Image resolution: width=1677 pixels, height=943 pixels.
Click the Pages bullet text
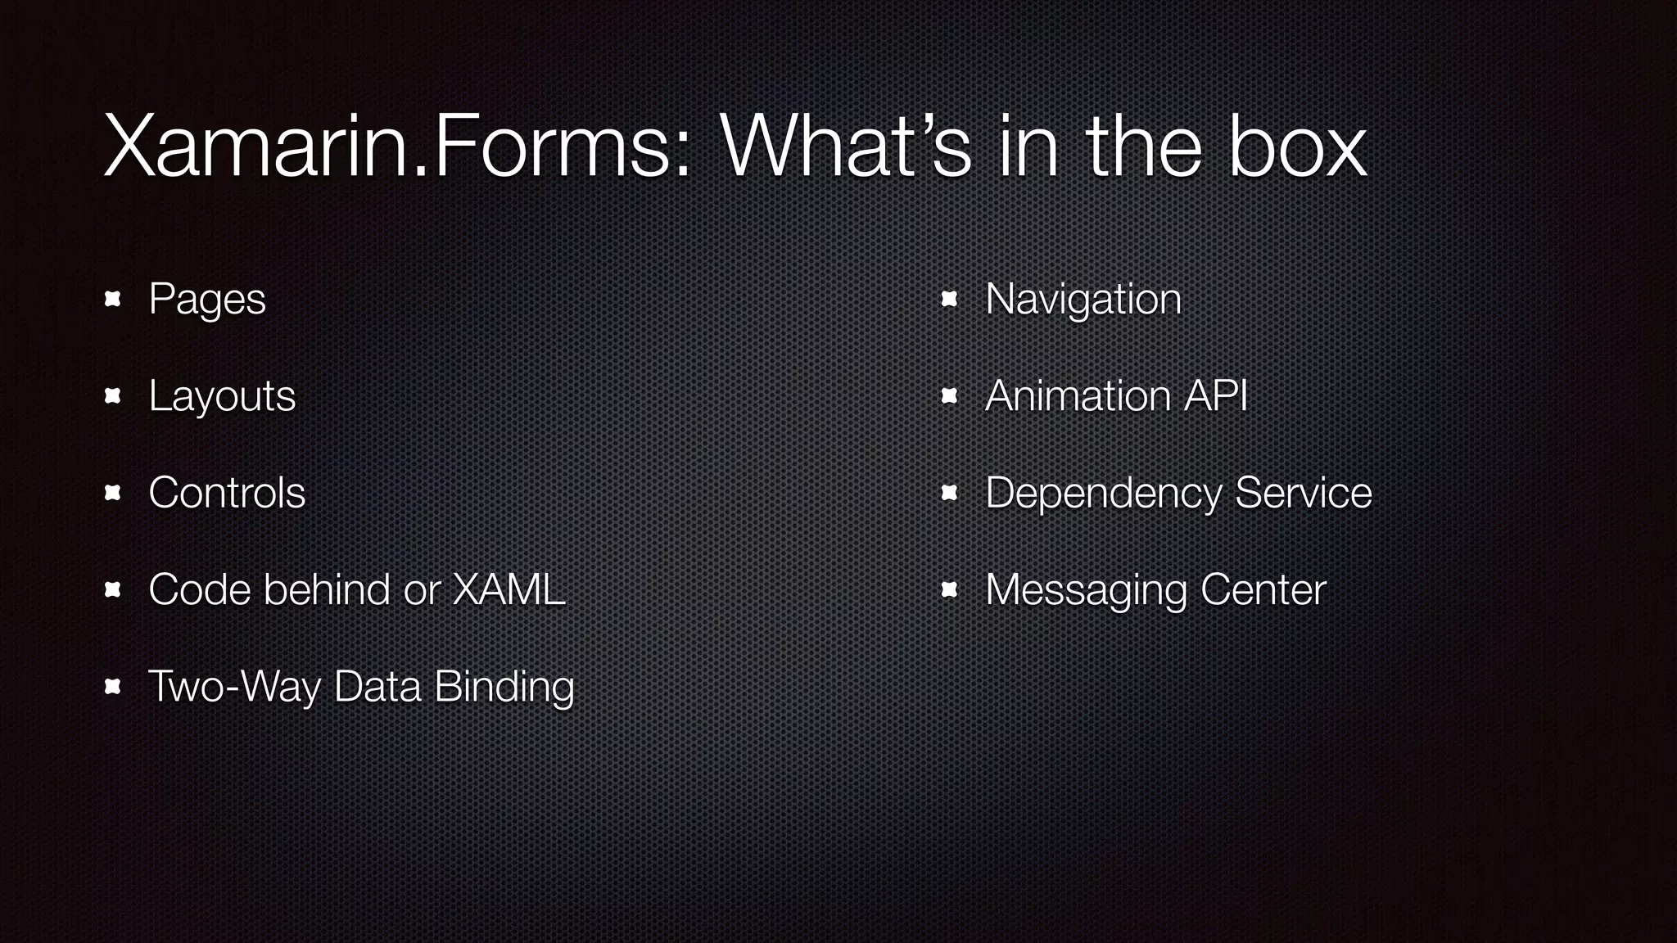click(207, 300)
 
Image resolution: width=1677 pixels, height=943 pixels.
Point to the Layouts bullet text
click(222, 397)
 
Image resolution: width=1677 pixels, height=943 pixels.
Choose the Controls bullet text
click(227, 493)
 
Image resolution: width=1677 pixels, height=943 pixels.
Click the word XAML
click(509, 589)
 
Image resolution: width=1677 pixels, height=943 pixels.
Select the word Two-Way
click(234, 686)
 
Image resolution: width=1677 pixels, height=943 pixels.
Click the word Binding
click(504, 688)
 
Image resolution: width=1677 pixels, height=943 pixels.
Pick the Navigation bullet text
click(1083, 300)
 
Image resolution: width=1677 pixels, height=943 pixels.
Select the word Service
click(1303, 493)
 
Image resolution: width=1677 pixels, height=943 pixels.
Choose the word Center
click(1263, 589)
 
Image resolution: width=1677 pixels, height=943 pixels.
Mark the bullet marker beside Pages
click(113, 299)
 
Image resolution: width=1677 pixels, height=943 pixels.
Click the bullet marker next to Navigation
click(950, 299)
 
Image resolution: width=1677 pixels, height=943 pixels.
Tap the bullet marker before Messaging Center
click(950, 589)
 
